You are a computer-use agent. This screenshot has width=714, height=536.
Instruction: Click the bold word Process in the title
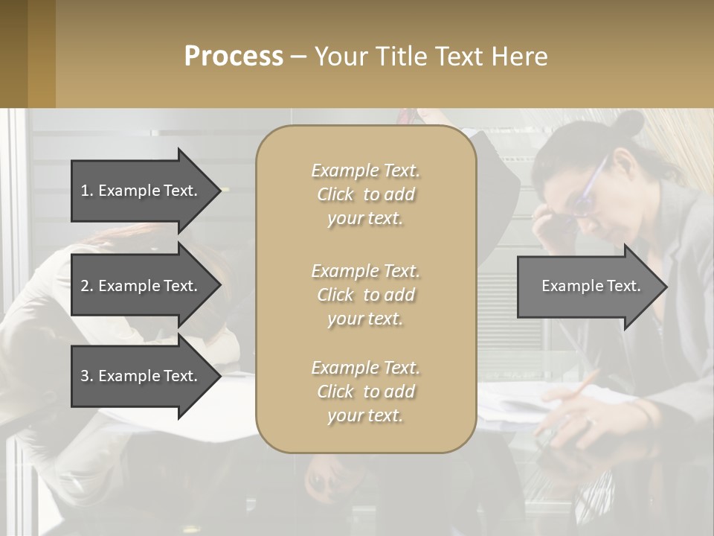pyautogui.click(x=234, y=57)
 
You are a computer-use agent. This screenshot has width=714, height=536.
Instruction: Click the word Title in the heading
pyautogui.click(x=399, y=57)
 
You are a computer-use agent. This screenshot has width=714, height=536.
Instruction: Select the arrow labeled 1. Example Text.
pyautogui.click(x=141, y=191)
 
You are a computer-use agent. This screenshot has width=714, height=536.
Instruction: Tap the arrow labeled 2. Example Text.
pyautogui.click(x=141, y=286)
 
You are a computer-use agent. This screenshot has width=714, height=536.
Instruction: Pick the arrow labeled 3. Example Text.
pyautogui.click(x=141, y=376)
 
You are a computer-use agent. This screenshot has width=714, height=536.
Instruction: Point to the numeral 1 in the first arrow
pyautogui.click(x=85, y=191)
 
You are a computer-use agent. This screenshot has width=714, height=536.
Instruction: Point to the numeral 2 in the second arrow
pyautogui.click(x=85, y=286)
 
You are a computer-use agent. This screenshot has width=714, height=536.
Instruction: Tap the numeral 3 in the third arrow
pyautogui.click(x=85, y=376)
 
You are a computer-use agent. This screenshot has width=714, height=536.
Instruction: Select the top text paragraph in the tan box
pyautogui.click(x=365, y=194)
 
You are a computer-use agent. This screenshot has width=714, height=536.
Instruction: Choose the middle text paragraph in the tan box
pyautogui.click(x=365, y=295)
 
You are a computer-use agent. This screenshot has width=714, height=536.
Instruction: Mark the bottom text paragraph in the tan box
pyautogui.click(x=365, y=392)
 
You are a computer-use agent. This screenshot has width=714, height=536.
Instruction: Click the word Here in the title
pyautogui.click(x=520, y=57)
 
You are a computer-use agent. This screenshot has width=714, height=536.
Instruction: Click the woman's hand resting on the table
pyautogui.click(x=573, y=428)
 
